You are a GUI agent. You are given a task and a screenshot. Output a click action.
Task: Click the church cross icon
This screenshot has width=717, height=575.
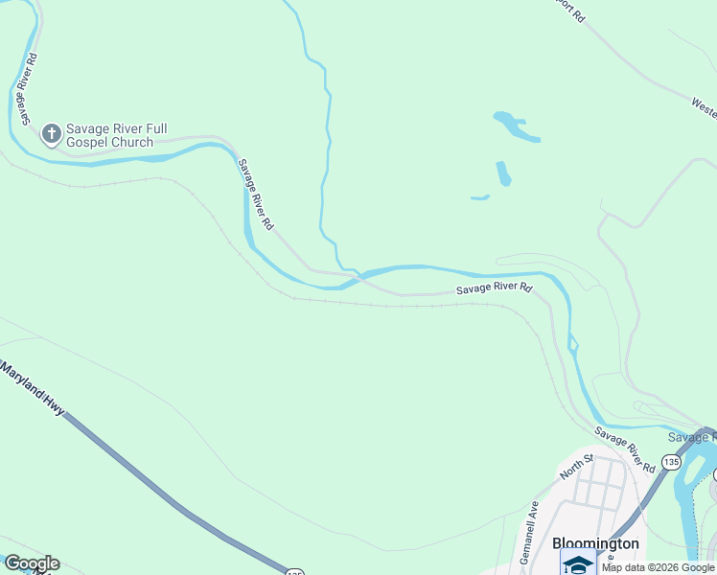point(52,135)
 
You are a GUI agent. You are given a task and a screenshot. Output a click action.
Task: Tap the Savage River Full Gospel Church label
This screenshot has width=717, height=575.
point(109,135)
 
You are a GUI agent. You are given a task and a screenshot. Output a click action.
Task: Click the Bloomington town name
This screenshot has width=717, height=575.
point(595,543)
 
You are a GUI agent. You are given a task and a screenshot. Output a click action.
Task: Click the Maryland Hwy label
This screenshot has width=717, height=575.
point(34,388)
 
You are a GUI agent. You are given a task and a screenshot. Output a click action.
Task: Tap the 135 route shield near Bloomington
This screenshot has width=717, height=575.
point(670,462)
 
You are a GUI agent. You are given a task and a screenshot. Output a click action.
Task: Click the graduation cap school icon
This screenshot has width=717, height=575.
point(578,565)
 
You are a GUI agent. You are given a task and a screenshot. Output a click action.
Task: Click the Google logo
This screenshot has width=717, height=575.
point(31,563)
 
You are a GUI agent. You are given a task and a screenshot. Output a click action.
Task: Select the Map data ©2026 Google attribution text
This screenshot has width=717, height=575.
point(658,567)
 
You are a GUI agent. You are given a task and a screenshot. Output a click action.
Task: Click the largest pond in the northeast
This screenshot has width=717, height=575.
point(516,127)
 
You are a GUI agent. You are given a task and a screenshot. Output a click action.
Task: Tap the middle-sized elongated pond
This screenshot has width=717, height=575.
point(503,173)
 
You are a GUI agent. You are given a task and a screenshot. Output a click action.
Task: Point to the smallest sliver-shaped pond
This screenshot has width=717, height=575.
point(480,198)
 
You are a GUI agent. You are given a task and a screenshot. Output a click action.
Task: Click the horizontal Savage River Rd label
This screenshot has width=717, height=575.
point(494,287)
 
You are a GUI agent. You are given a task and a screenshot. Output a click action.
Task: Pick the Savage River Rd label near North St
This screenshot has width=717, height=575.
point(624,449)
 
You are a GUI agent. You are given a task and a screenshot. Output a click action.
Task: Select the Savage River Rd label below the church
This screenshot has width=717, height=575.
point(256,195)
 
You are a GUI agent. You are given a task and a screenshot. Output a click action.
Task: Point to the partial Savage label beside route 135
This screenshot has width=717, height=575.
point(691,437)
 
